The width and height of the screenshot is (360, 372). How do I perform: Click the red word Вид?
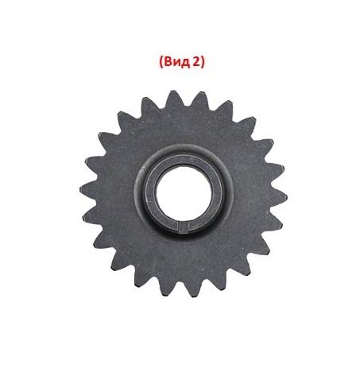pos(177,62)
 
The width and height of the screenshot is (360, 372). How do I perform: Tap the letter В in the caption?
pos(168,62)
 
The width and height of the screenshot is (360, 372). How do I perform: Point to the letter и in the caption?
pos(176,64)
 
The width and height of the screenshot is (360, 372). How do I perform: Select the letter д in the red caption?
pos(186,64)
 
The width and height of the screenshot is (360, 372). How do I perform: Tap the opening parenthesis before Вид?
pos(161,63)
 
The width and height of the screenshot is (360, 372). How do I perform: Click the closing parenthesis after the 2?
pos(203,63)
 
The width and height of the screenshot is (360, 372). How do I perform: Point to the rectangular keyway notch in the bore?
pos(183,227)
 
